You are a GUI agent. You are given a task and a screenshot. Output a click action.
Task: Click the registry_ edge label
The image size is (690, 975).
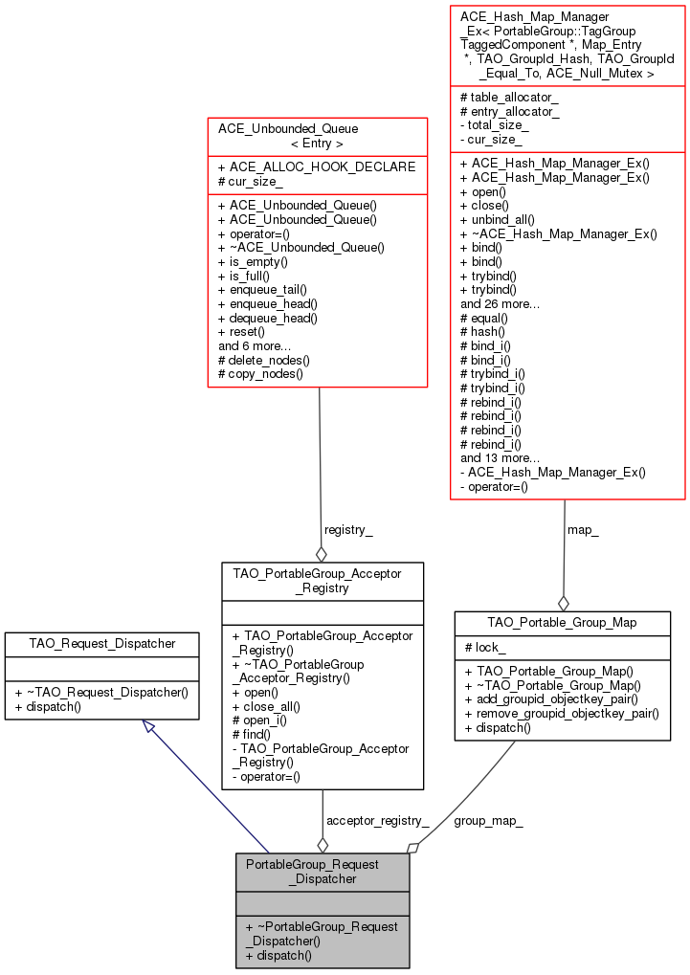348,529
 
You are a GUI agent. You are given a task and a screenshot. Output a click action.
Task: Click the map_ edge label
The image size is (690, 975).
583,529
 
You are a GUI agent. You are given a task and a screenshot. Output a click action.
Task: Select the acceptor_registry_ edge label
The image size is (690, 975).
377,820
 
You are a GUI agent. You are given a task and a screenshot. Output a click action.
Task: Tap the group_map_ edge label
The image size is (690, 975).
488,820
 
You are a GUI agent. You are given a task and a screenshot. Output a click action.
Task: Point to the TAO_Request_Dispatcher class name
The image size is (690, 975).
101,643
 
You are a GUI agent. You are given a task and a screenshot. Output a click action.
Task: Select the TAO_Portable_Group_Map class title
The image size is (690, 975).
562,622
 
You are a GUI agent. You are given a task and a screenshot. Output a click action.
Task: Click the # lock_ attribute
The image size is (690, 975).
485,648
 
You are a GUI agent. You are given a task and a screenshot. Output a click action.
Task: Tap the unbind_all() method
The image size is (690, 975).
498,219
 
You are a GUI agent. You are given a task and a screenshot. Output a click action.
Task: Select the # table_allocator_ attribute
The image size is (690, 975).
509,98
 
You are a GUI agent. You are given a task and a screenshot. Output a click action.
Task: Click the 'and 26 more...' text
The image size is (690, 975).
500,303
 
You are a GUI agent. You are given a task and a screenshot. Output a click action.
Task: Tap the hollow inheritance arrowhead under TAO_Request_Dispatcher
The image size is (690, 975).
148,727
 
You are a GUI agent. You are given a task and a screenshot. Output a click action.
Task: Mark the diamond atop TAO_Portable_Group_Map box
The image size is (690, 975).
564,603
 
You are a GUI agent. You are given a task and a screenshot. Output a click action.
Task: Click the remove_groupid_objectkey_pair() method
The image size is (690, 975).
560,713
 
